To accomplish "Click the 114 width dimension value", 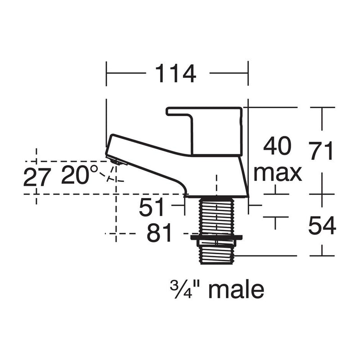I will click(175, 74).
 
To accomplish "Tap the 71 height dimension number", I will click(321, 151).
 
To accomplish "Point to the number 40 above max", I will click(277, 147).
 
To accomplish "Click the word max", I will click(277, 173).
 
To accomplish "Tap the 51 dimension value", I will click(153, 208).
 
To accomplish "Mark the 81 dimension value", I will click(159, 234).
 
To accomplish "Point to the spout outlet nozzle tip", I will click(116, 161).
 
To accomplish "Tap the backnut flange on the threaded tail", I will click(216, 237).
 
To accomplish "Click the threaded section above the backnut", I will click(216, 216).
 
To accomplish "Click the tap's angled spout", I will click(148, 160).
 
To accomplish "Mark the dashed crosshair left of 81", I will click(116, 234).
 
